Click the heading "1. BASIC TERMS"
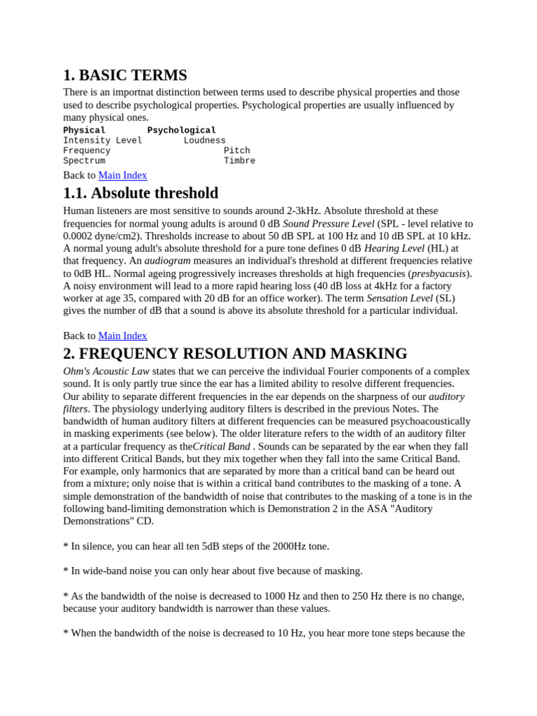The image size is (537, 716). pyautogui.click(x=124, y=75)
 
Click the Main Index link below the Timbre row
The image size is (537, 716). pyautogui.click(x=122, y=176)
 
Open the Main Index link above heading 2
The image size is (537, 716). pyautogui.click(x=122, y=336)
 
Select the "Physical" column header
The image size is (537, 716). pyautogui.click(x=84, y=130)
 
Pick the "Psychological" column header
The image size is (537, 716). pyautogui.click(x=181, y=130)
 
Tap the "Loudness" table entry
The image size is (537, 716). pyautogui.click(x=204, y=141)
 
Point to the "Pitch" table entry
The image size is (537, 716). pyautogui.click(x=236, y=150)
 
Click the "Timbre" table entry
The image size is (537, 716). pyautogui.click(x=239, y=161)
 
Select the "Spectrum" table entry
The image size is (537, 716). pyautogui.click(x=84, y=161)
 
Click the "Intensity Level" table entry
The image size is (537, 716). pyautogui.click(x=102, y=141)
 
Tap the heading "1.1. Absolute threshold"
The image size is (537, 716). pyautogui.click(x=141, y=193)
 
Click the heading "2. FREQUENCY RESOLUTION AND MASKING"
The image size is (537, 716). pyautogui.click(x=235, y=354)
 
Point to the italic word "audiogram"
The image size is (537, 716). pyautogui.click(x=167, y=260)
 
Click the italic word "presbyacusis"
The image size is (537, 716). pyautogui.click(x=440, y=273)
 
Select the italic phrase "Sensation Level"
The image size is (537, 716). pyautogui.click(x=399, y=298)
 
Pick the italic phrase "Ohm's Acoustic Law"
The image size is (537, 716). pyautogui.click(x=106, y=371)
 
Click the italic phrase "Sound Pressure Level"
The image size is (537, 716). pyautogui.click(x=329, y=223)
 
